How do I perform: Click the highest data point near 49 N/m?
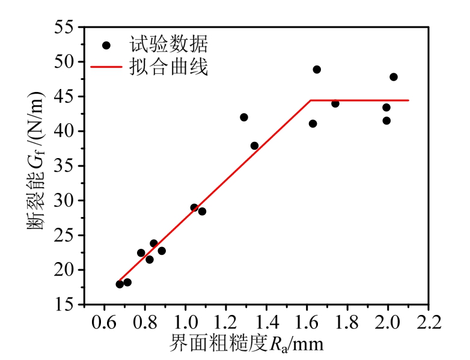[317, 70]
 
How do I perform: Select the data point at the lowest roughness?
[120, 284]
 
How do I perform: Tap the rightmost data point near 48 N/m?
[394, 77]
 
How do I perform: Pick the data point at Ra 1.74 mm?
[335, 103]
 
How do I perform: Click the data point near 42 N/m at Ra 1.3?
[244, 117]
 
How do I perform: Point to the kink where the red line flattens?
[311, 100]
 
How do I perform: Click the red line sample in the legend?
[106, 67]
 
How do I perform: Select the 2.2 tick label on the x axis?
[429, 318]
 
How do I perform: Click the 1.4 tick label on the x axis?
[266, 318]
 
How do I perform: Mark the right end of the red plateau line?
[409, 100]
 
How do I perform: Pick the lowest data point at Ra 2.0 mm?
[386, 121]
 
